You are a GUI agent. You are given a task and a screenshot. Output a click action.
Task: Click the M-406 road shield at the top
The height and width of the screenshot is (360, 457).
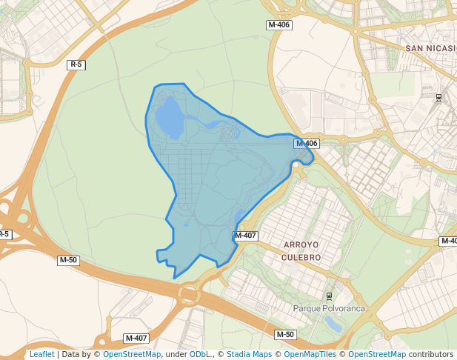pos(279,25)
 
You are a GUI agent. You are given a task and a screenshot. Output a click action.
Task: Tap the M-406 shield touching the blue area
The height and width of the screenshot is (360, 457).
pos(306,144)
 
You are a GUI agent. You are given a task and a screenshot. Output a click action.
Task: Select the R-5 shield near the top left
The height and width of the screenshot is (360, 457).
pos(76,65)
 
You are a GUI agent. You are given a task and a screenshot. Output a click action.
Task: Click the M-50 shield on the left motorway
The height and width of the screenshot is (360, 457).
pos(68,260)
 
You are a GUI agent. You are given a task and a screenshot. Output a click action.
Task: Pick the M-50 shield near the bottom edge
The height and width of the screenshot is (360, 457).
pos(285,335)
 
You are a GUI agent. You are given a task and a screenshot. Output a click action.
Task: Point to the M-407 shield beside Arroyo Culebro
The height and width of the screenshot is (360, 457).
pos(245,236)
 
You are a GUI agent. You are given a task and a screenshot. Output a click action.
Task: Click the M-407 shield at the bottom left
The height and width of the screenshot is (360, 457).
pos(136,338)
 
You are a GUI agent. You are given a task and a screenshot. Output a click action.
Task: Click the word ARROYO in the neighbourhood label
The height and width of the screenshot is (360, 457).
pos(301,244)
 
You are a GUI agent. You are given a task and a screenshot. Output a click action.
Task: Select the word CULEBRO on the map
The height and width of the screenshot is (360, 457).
pos(301,257)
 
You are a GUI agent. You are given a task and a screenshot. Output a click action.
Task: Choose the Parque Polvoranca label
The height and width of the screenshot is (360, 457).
pos(329,308)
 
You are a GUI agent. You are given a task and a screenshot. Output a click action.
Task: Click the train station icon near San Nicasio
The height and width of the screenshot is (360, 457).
pos(438,97)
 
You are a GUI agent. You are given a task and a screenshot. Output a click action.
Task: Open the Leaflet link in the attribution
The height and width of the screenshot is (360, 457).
pos(41,355)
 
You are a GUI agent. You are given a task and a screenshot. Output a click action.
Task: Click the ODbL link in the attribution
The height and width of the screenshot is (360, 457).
pos(200,355)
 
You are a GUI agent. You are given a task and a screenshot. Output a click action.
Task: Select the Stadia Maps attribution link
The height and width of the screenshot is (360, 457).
pos(249,355)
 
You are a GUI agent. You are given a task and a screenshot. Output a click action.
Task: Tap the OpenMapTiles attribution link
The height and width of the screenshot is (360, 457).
pos(310,355)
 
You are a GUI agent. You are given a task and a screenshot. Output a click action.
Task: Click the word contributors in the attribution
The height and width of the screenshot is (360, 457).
pos(431,355)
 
